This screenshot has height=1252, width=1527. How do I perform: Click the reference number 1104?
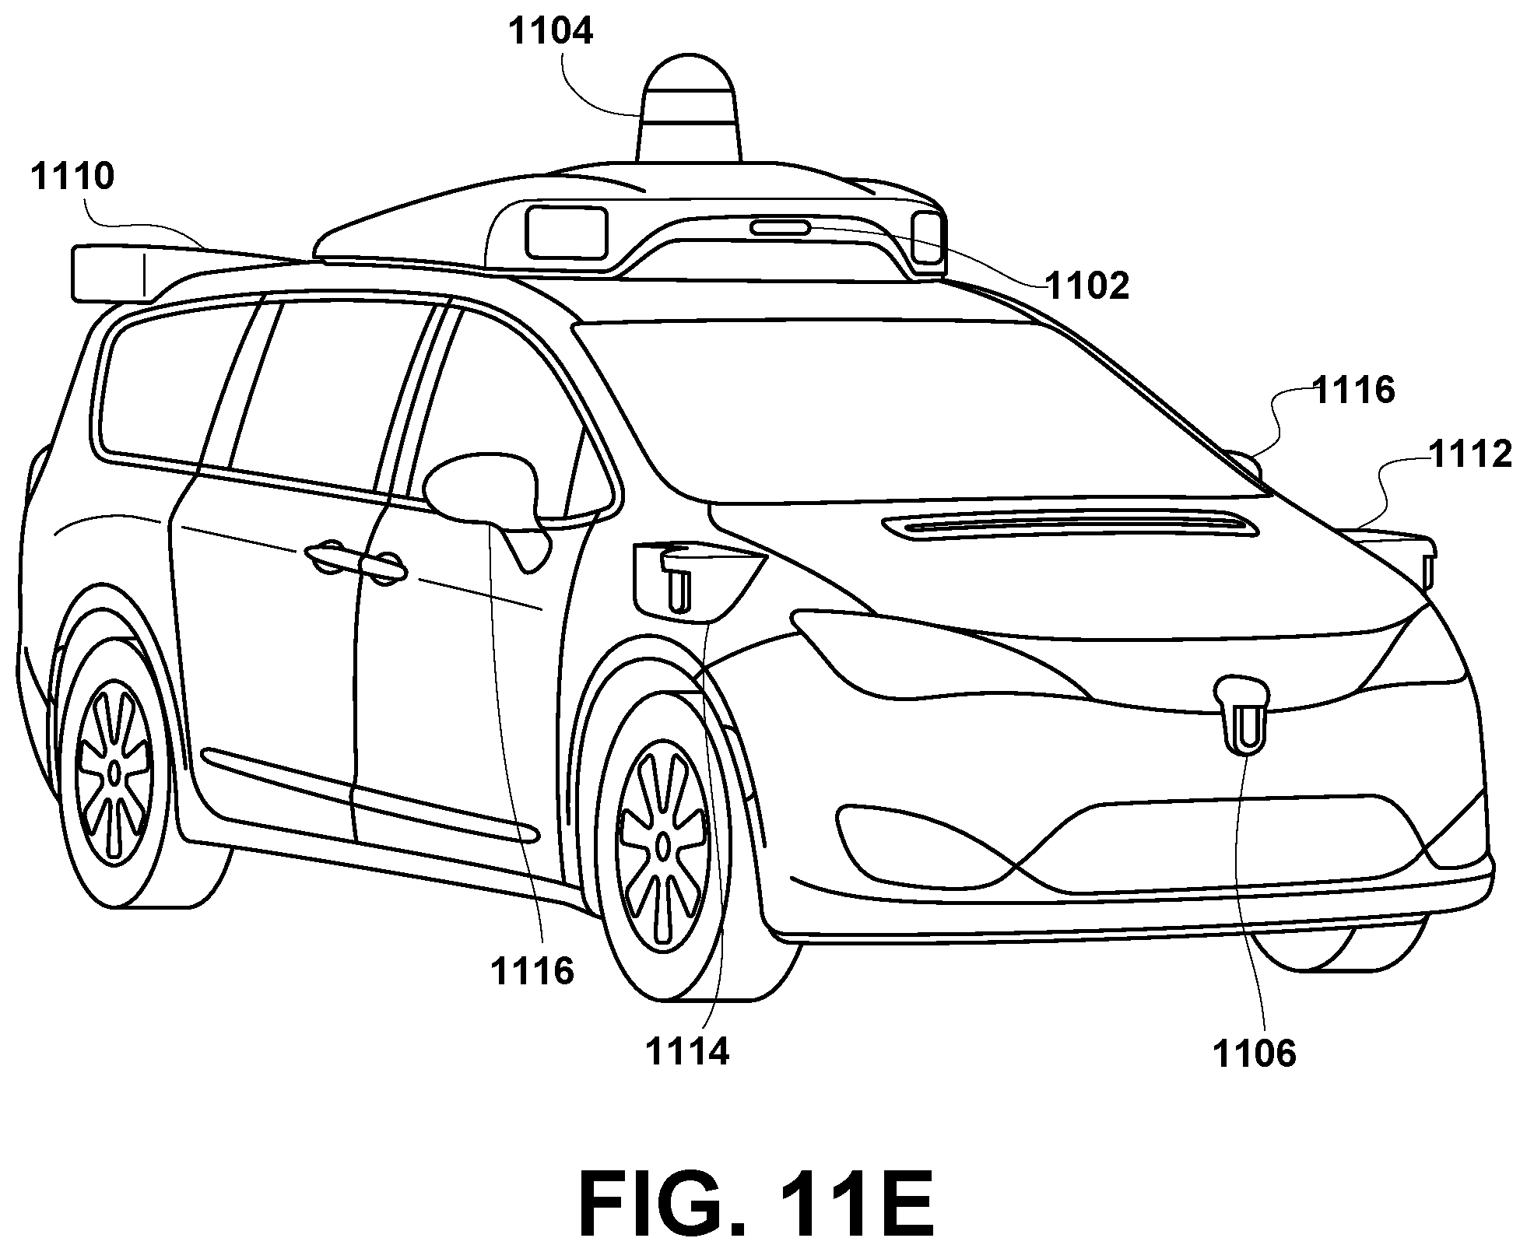[551, 32]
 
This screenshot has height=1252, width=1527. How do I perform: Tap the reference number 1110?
[72, 177]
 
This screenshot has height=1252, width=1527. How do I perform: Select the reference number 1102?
[1086, 286]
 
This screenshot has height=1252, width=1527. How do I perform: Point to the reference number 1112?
[1470, 454]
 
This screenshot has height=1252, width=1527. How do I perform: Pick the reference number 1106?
[1254, 1054]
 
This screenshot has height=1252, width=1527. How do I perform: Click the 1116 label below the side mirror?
[532, 972]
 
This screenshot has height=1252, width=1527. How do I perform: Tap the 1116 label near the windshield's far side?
[1353, 391]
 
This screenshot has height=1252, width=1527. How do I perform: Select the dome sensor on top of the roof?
[690, 109]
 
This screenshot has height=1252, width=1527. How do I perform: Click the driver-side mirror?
[488, 506]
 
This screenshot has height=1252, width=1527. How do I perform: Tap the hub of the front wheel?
[662, 843]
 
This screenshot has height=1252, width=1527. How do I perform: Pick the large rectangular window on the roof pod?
[566, 232]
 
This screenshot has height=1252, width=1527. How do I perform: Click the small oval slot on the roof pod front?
[780, 228]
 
